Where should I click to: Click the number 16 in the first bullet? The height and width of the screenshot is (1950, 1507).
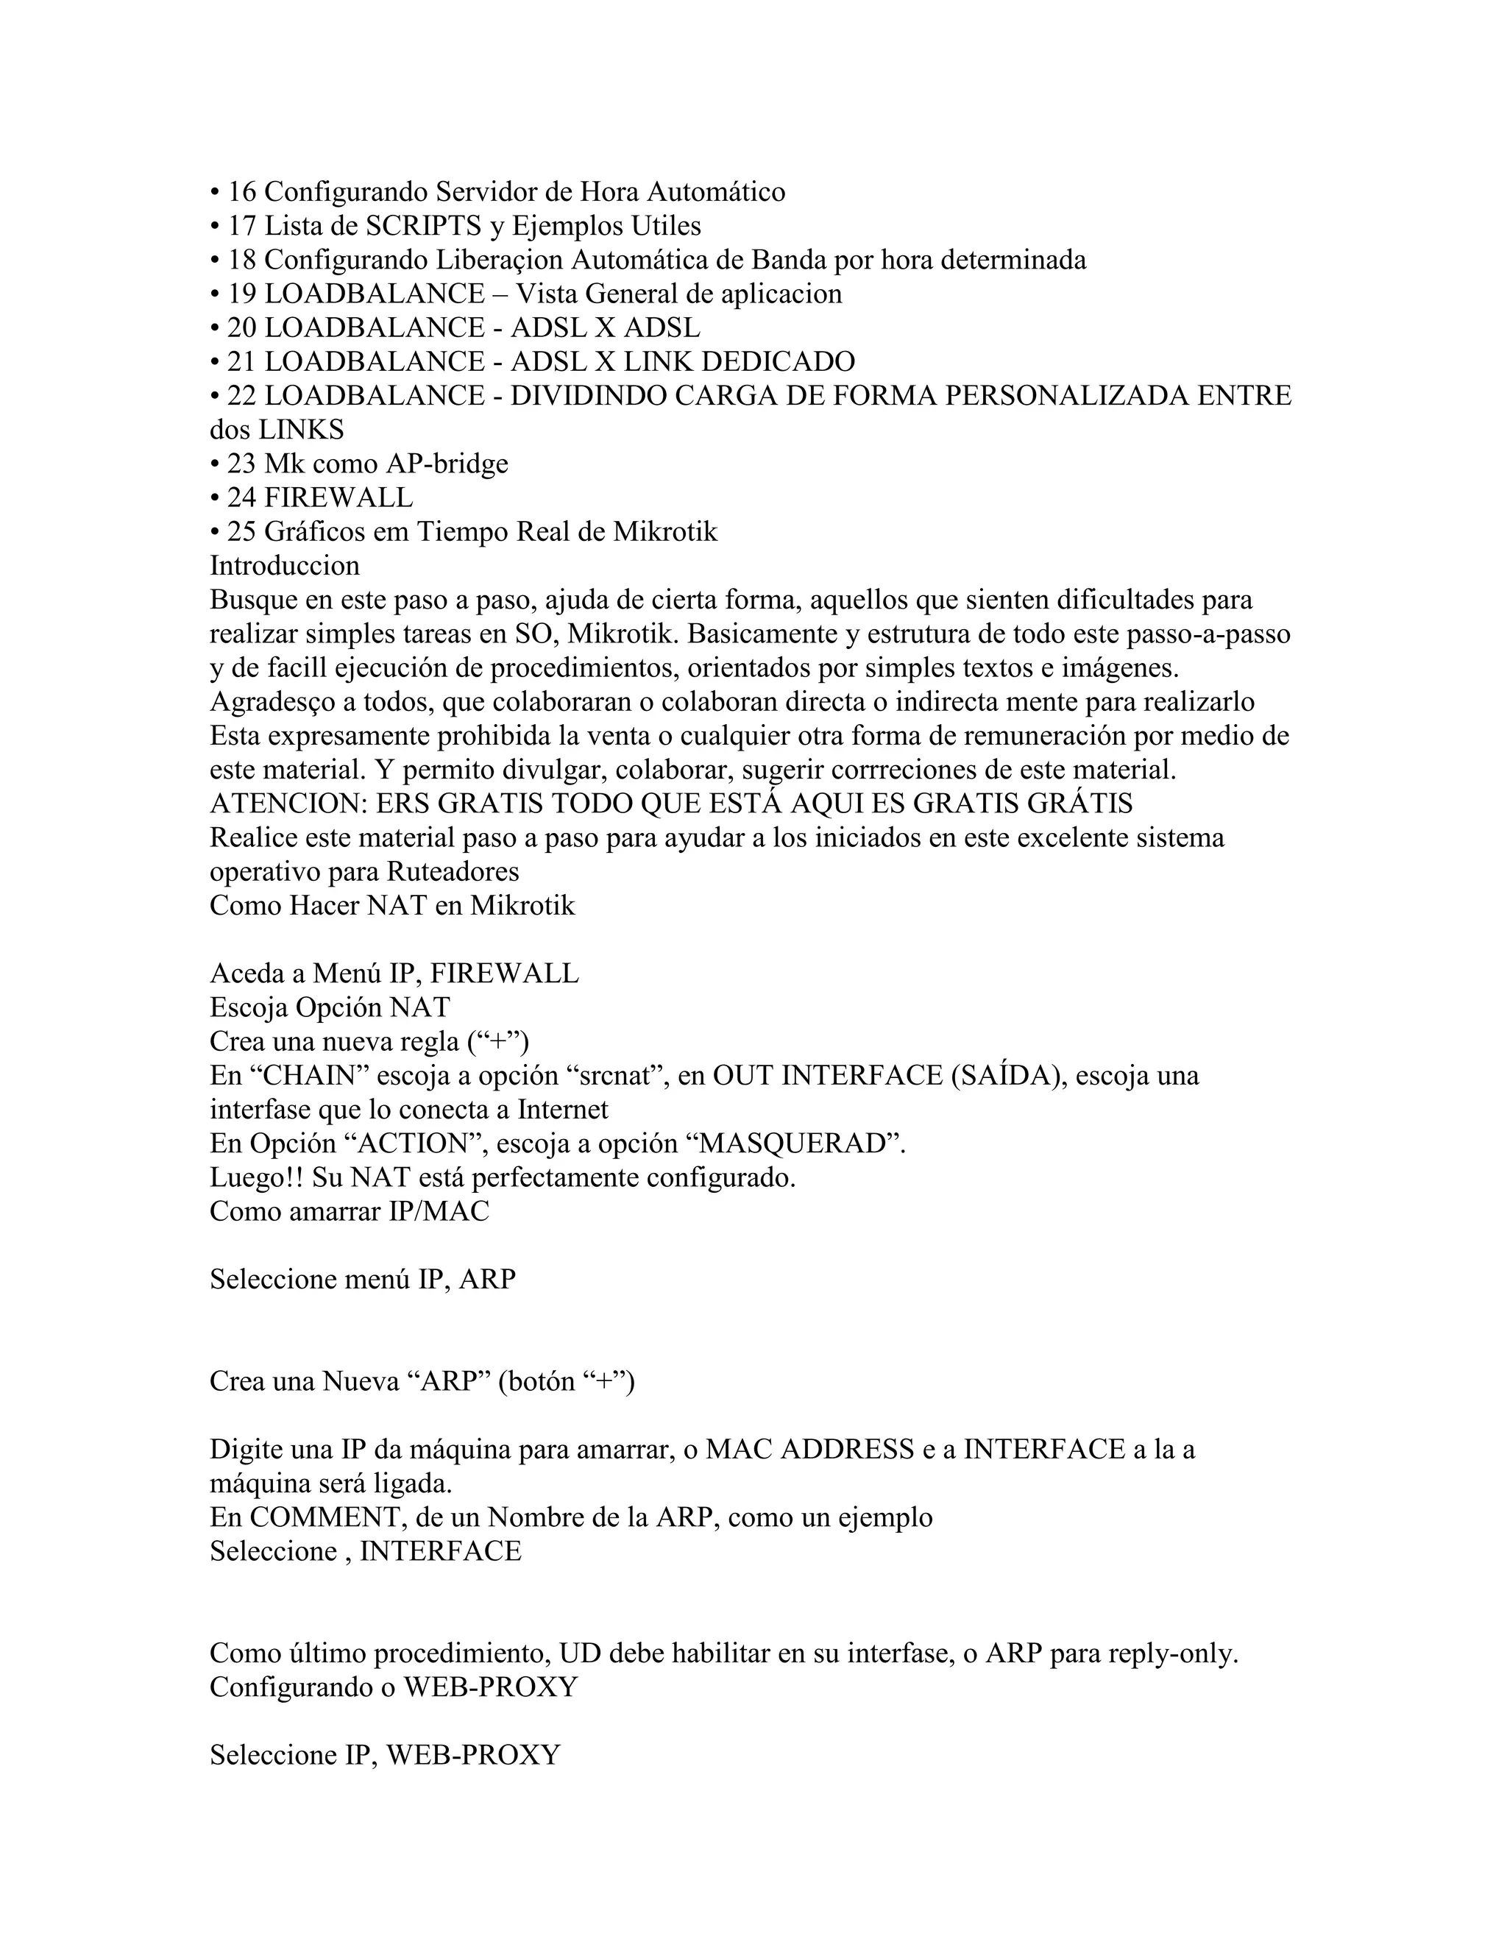pos(241,192)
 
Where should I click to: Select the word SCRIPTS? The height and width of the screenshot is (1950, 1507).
pos(423,226)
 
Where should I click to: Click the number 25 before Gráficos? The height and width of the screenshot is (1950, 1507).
pos(241,532)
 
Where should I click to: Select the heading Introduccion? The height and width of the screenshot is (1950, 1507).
pos(285,566)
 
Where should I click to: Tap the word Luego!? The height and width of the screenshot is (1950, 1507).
pos(257,1177)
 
